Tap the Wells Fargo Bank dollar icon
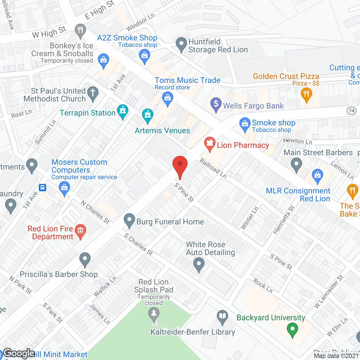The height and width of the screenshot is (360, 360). (216, 105)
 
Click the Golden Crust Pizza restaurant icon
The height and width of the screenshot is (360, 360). (306, 94)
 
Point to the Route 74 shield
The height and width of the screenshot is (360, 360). (352, 111)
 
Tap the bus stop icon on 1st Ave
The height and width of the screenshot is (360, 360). (42, 187)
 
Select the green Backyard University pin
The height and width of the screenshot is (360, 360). (292, 330)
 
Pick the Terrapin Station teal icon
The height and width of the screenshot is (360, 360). (123, 111)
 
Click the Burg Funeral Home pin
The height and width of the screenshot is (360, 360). (129, 220)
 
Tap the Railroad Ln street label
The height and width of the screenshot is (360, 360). (213, 168)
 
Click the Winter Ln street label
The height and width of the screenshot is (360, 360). (249, 218)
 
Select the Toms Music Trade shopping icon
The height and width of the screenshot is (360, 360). (168, 99)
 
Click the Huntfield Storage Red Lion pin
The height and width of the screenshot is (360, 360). (181, 44)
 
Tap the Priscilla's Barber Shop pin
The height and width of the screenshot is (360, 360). (85, 259)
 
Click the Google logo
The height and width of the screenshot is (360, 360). (19, 353)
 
